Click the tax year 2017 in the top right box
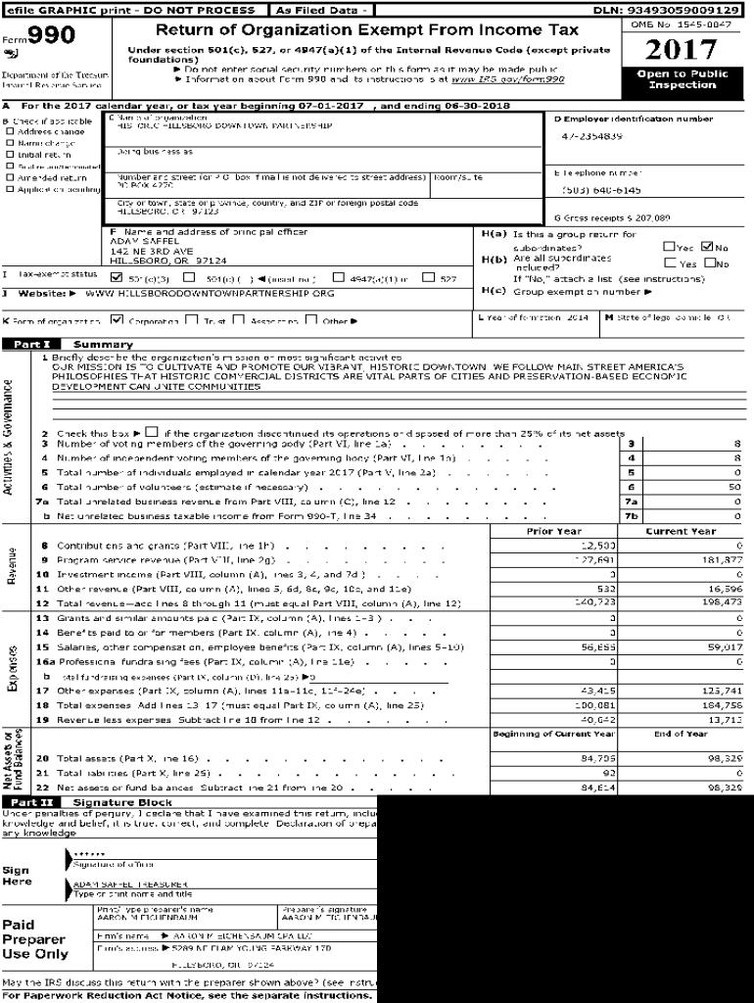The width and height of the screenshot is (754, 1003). point(682,50)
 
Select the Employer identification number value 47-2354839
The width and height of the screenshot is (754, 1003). point(592,136)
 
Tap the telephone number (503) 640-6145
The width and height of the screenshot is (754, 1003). point(601,190)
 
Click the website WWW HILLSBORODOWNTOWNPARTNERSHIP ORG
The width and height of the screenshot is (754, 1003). point(210,293)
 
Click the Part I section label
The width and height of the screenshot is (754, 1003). point(31,345)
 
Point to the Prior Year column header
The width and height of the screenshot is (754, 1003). point(553,531)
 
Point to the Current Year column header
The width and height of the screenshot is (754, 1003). point(681,531)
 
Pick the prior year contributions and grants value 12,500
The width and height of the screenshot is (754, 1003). point(598,545)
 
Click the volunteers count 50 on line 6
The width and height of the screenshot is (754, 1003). point(734,487)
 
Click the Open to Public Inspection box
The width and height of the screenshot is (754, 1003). point(682,79)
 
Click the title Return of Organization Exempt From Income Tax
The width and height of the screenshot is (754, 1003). point(367,30)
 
